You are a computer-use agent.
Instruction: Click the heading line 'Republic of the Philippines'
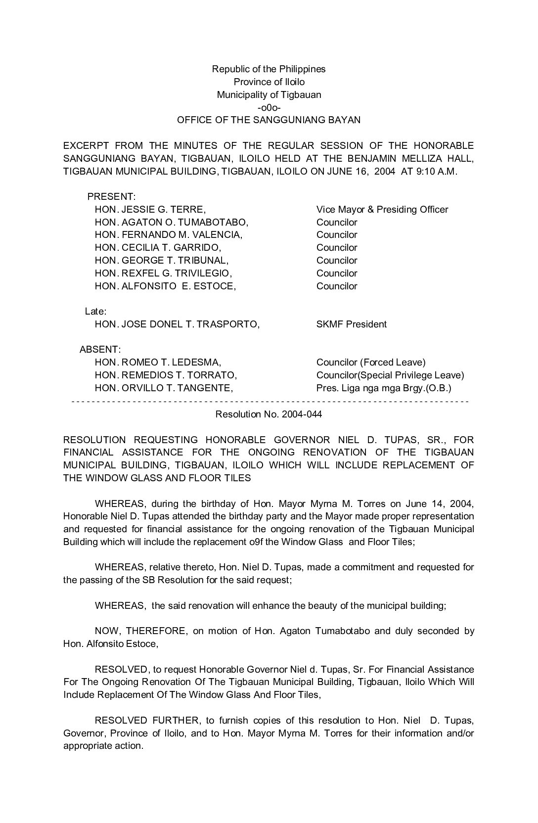coord(269,69)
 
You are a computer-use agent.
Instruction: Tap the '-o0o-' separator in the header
coord(269,107)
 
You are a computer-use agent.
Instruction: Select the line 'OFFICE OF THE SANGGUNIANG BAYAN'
coord(269,120)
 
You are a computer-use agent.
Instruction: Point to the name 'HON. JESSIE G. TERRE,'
coord(150,209)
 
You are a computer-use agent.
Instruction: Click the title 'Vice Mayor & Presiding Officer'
coord(382,209)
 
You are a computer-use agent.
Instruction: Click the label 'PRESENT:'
coord(111,197)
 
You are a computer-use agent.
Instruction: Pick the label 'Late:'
coord(96,312)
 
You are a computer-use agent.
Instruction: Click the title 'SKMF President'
coord(351,324)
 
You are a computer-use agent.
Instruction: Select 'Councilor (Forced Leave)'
coord(370,363)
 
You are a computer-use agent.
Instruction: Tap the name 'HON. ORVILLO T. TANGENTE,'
coord(164,388)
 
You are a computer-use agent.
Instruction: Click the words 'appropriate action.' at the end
coord(103,746)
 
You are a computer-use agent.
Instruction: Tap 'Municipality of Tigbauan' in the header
coord(269,94)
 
